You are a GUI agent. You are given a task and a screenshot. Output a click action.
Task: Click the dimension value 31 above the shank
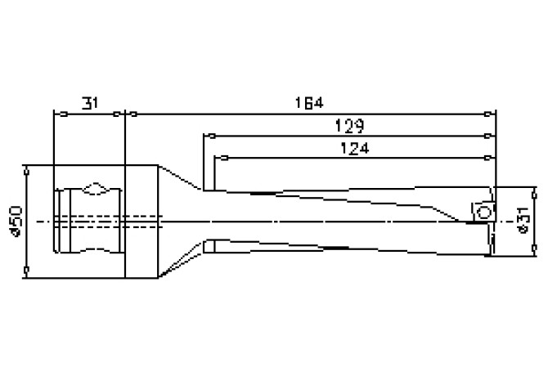pyautogui.click(x=91, y=103)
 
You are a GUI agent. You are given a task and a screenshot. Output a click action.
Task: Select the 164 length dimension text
pyautogui.click(x=310, y=103)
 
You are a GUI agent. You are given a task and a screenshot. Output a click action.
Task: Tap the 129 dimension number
pyautogui.click(x=349, y=126)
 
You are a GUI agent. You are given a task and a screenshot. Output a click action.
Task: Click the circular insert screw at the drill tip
pyautogui.click(x=483, y=212)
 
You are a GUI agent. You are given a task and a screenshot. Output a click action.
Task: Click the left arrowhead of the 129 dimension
pyautogui.click(x=208, y=136)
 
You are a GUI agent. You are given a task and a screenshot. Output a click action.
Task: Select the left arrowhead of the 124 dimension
pyautogui.click(x=218, y=158)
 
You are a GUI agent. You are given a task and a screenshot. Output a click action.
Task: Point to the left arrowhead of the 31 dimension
pyautogui.click(x=56, y=114)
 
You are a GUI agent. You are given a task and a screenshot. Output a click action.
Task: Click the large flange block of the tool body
pyautogui.click(x=141, y=221)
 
